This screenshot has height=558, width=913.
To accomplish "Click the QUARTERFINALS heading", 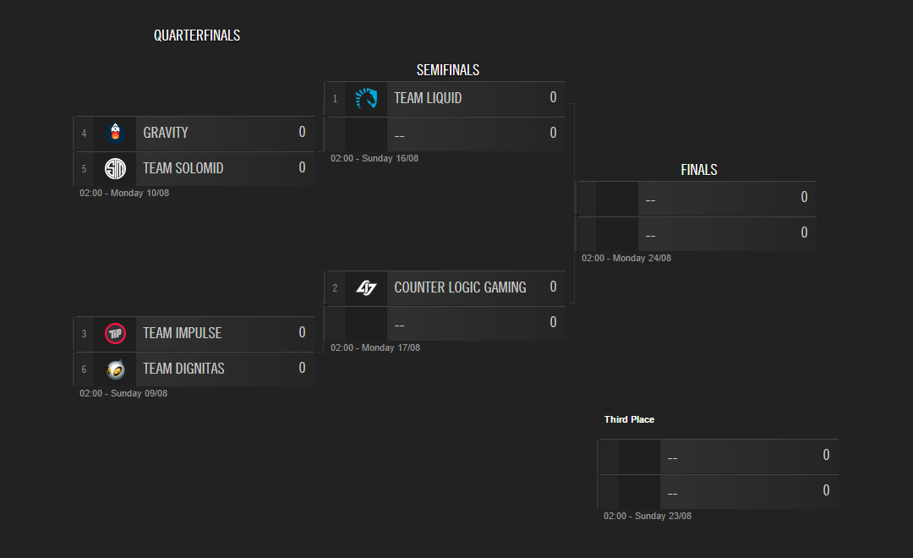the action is pyautogui.click(x=197, y=36).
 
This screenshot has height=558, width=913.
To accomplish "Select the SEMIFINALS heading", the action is pyautogui.click(x=448, y=70).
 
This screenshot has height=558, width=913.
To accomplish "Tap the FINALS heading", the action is pyautogui.click(x=699, y=170).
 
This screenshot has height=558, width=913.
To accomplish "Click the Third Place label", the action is pyautogui.click(x=629, y=419).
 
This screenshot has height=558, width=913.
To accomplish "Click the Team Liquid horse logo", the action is pyautogui.click(x=366, y=98).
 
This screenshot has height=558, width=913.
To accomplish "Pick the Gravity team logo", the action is pyautogui.click(x=115, y=133).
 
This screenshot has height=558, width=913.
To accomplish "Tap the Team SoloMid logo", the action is pyautogui.click(x=115, y=168).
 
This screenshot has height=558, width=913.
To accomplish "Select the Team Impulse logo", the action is pyautogui.click(x=115, y=333).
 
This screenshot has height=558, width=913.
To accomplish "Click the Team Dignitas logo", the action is pyautogui.click(x=115, y=369).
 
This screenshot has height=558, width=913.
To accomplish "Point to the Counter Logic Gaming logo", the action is pyautogui.click(x=366, y=287).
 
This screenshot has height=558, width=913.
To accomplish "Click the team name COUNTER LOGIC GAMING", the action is pyautogui.click(x=460, y=287).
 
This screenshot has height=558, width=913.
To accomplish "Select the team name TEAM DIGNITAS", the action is pyautogui.click(x=183, y=369).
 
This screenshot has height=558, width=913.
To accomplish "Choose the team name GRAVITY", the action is pyautogui.click(x=166, y=133).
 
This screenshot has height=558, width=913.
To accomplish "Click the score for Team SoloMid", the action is pyautogui.click(x=302, y=167).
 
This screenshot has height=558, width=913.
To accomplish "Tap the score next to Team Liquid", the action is pyautogui.click(x=553, y=97).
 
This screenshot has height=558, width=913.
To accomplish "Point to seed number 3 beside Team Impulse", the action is pyautogui.click(x=84, y=334).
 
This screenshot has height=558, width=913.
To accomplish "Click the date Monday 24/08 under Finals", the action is pyautogui.click(x=642, y=258).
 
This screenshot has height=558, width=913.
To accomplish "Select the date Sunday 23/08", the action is pyautogui.click(x=664, y=516).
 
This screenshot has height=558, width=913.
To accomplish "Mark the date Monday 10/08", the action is pyautogui.click(x=139, y=193).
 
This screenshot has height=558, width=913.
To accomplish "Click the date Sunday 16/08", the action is pyautogui.click(x=390, y=158).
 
